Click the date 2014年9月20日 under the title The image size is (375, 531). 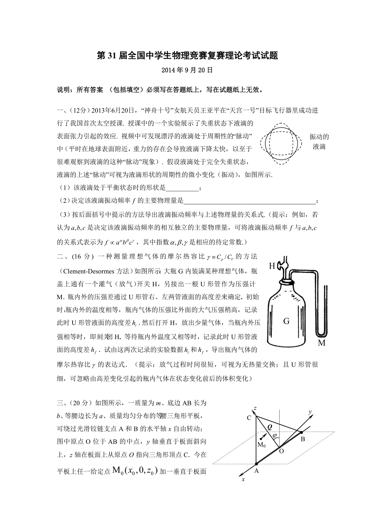[x=187, y=70]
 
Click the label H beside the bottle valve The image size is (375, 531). [x=272, y=266]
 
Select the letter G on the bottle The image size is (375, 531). [x=286, y=321]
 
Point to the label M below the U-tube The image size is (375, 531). [x=322, y=343]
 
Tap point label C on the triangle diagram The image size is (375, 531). [x=249, y=418]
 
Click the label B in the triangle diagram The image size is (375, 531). [x=303, y=440]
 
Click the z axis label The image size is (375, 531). [x=255, y=408]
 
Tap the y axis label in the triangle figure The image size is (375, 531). [x=310, y=412]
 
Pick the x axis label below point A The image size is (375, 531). [x=243, y=480]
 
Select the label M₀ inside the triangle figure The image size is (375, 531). [x=262, y=445]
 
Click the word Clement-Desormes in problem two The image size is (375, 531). [x=86, y=271]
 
